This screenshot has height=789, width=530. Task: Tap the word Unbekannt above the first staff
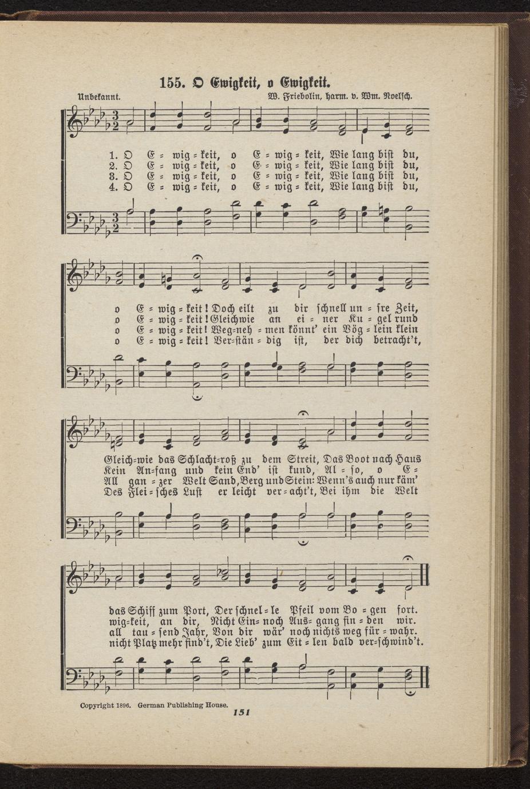pos(98,95)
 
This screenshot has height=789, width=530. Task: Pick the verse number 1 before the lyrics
pos(113,154)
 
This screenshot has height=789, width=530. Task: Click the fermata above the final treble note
pos(408,559)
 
